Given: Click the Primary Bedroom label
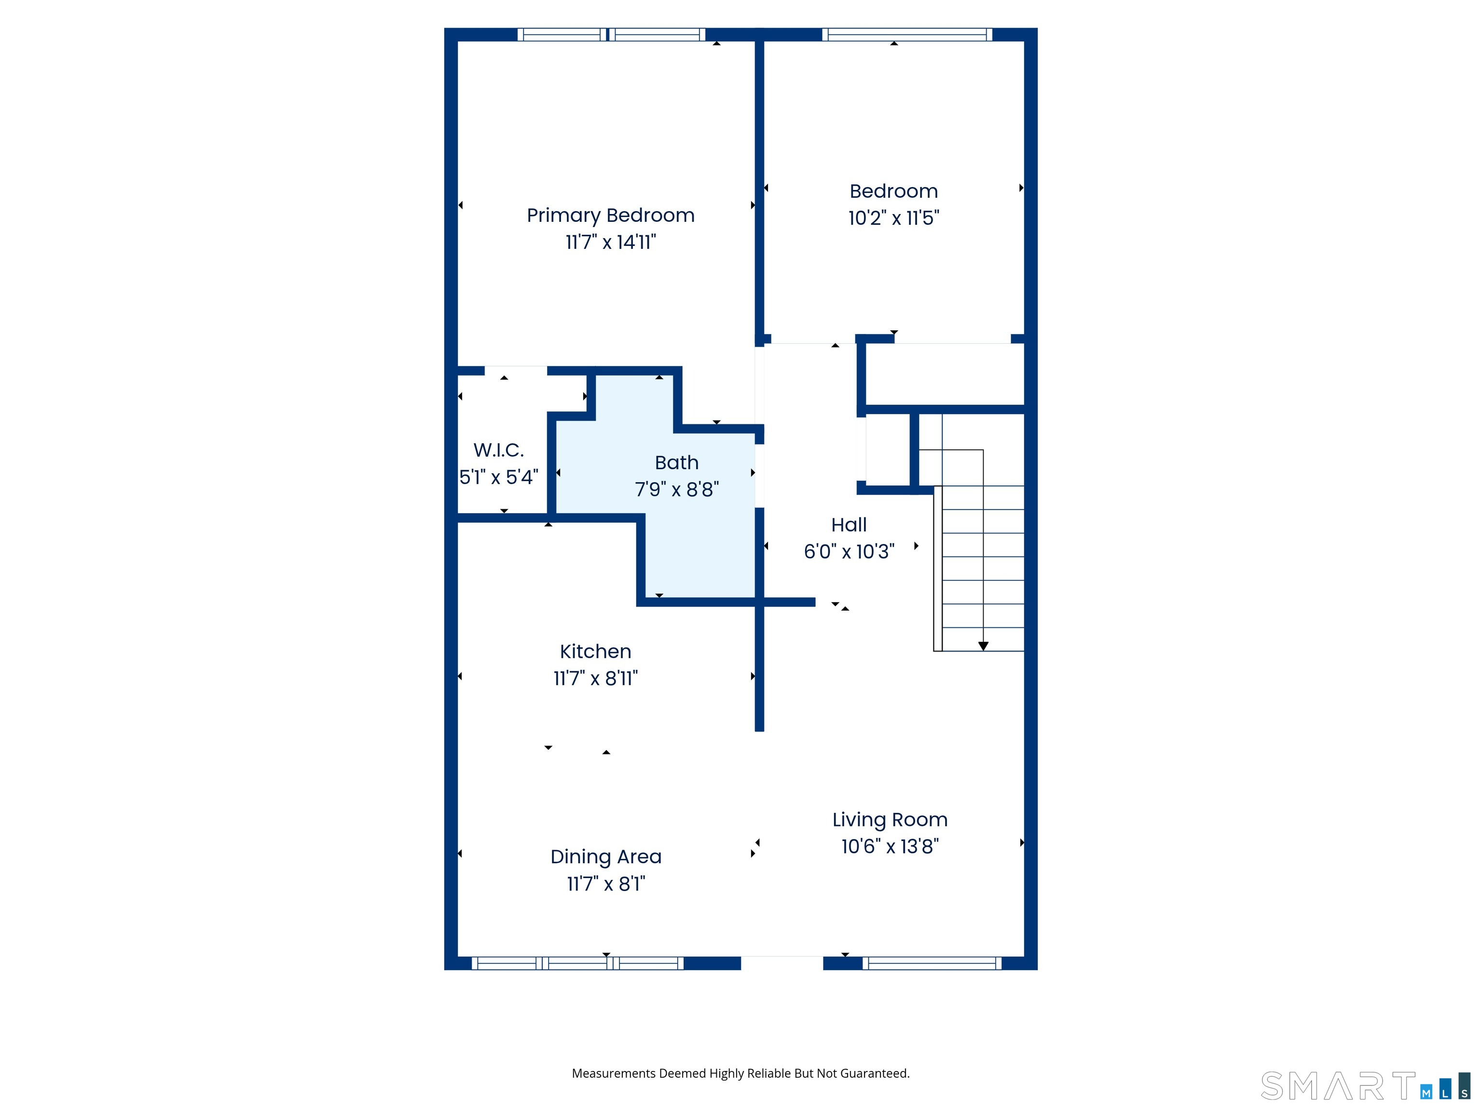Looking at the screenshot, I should [x=610, y=216].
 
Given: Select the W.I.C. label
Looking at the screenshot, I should [x=498, y=450].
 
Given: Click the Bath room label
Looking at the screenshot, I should [x=677, y=463].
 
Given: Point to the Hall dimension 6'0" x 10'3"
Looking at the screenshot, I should [x=849, y=552].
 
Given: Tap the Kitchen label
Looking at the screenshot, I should [x=595, y=651].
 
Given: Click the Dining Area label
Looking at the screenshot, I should [x=605, y=857].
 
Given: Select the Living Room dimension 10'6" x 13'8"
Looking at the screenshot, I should [x=890, y=846].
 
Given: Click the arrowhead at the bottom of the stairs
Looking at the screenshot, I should [x=983, y=646].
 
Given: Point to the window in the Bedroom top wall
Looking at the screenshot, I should [x=906, y=35].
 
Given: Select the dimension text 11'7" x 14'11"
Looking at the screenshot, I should [x=610, y=243].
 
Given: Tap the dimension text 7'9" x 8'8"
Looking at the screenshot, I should [x=677, y=489].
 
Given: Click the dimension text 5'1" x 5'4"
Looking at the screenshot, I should [x=498, y=477].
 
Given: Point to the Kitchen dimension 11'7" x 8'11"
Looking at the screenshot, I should [x=595, y=678].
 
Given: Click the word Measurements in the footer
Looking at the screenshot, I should [x=613, y=1073].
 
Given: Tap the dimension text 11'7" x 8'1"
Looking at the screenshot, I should [x=605, y=884].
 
